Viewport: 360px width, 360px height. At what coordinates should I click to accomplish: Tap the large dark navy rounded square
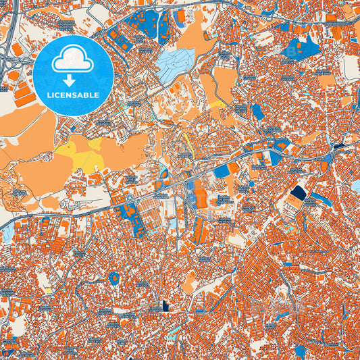(x=298, y=195)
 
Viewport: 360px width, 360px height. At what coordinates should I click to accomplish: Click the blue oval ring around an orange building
(x=113, y=276)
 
